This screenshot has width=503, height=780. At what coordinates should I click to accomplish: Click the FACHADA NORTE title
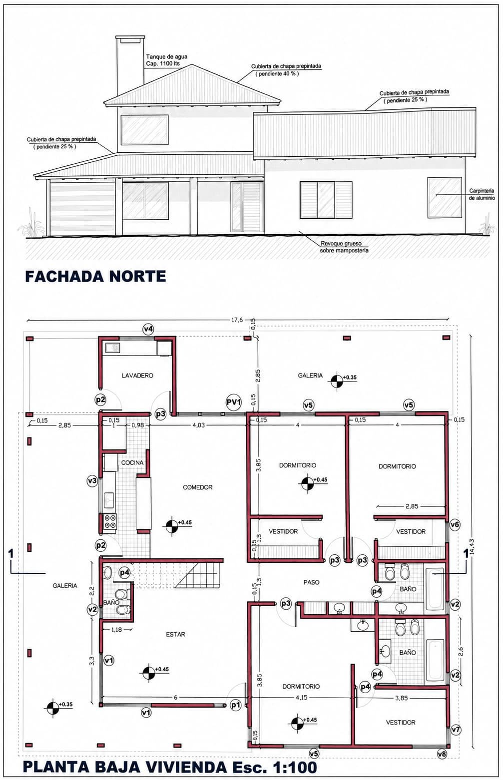click(95, 276)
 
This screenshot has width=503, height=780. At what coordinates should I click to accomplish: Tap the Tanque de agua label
click(167, 56)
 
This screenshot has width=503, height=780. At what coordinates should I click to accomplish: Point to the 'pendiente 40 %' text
click(277, 74)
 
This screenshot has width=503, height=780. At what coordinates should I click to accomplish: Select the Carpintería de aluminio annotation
click(482, 194)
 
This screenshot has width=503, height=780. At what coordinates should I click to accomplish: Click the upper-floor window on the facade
click(144, 129)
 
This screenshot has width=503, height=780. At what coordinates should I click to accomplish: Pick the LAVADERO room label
click(137, 376)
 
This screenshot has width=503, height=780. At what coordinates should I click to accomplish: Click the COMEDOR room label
click(197, 487)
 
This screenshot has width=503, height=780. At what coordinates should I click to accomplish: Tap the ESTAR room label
click(175, 634)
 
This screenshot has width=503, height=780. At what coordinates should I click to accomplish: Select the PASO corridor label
click(311, 582)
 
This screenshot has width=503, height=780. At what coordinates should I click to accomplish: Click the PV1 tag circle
click(234, 402)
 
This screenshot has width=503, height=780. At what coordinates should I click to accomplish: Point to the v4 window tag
click(149, 329)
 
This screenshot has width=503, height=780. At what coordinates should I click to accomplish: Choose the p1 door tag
click(236, 705)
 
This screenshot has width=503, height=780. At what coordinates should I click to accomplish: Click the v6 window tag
click(455, 524)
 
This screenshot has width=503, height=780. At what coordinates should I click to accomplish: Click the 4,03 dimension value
click(199, 425)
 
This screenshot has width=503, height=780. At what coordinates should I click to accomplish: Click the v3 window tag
click(92, 481)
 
